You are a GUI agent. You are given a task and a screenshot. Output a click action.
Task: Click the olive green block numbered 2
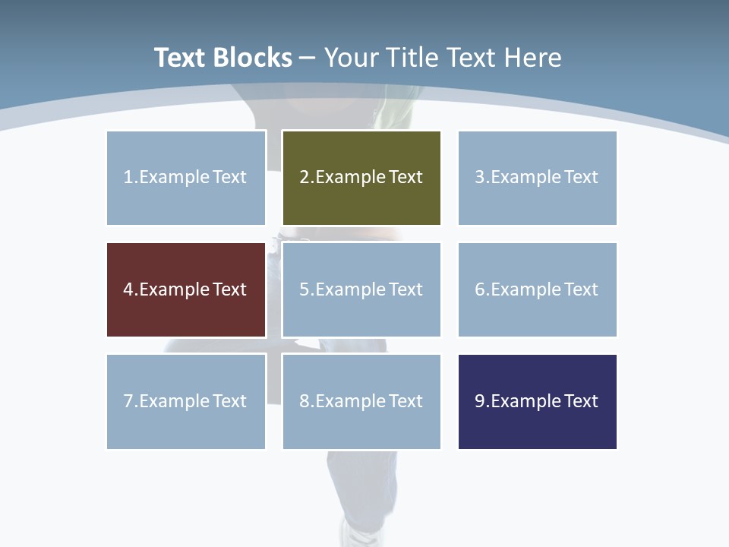coord(361,178)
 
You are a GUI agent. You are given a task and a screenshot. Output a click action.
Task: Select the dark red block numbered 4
coord(186,289)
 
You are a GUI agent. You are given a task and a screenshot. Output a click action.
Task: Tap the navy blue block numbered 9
coord(537,401)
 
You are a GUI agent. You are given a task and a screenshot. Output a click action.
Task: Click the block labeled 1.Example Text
coord(186,178)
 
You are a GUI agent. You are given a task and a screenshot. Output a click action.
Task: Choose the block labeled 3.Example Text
coord(537,178)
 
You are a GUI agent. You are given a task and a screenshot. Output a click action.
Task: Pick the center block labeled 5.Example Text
coord(361,289)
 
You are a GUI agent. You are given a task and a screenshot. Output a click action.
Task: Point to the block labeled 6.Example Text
coord(537,289)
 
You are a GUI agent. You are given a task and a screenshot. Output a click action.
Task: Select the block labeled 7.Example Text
coord(186,401)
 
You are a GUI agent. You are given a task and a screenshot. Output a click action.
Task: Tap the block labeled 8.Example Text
coord(361,401)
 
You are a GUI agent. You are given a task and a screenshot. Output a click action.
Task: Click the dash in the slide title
coord(308,58)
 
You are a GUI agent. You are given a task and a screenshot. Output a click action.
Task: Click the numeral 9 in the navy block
coord(480,401)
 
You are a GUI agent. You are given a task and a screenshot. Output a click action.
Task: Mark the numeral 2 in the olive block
coord(304,178)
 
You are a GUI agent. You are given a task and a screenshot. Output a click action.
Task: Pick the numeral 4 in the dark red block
coord(128,289)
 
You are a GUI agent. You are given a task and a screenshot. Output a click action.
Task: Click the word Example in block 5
coord(350,289)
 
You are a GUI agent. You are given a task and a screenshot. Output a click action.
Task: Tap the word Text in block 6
coord(582,289)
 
